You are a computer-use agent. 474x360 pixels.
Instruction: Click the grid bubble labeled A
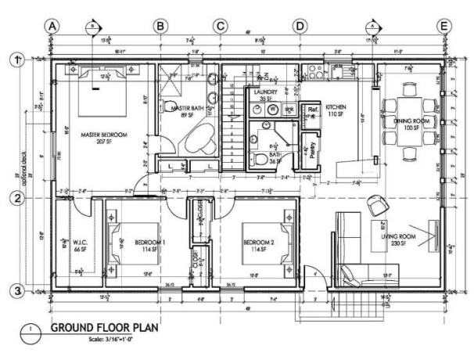click(x=52, y=25)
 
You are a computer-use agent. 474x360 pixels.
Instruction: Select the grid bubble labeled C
click(x=221, y=25)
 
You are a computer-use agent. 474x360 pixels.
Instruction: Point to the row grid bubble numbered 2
click(x=13, y=199)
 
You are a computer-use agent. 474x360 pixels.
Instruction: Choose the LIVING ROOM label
click(x=398, y=236)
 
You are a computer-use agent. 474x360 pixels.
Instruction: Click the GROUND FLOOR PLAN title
click(x=105, y=327)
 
